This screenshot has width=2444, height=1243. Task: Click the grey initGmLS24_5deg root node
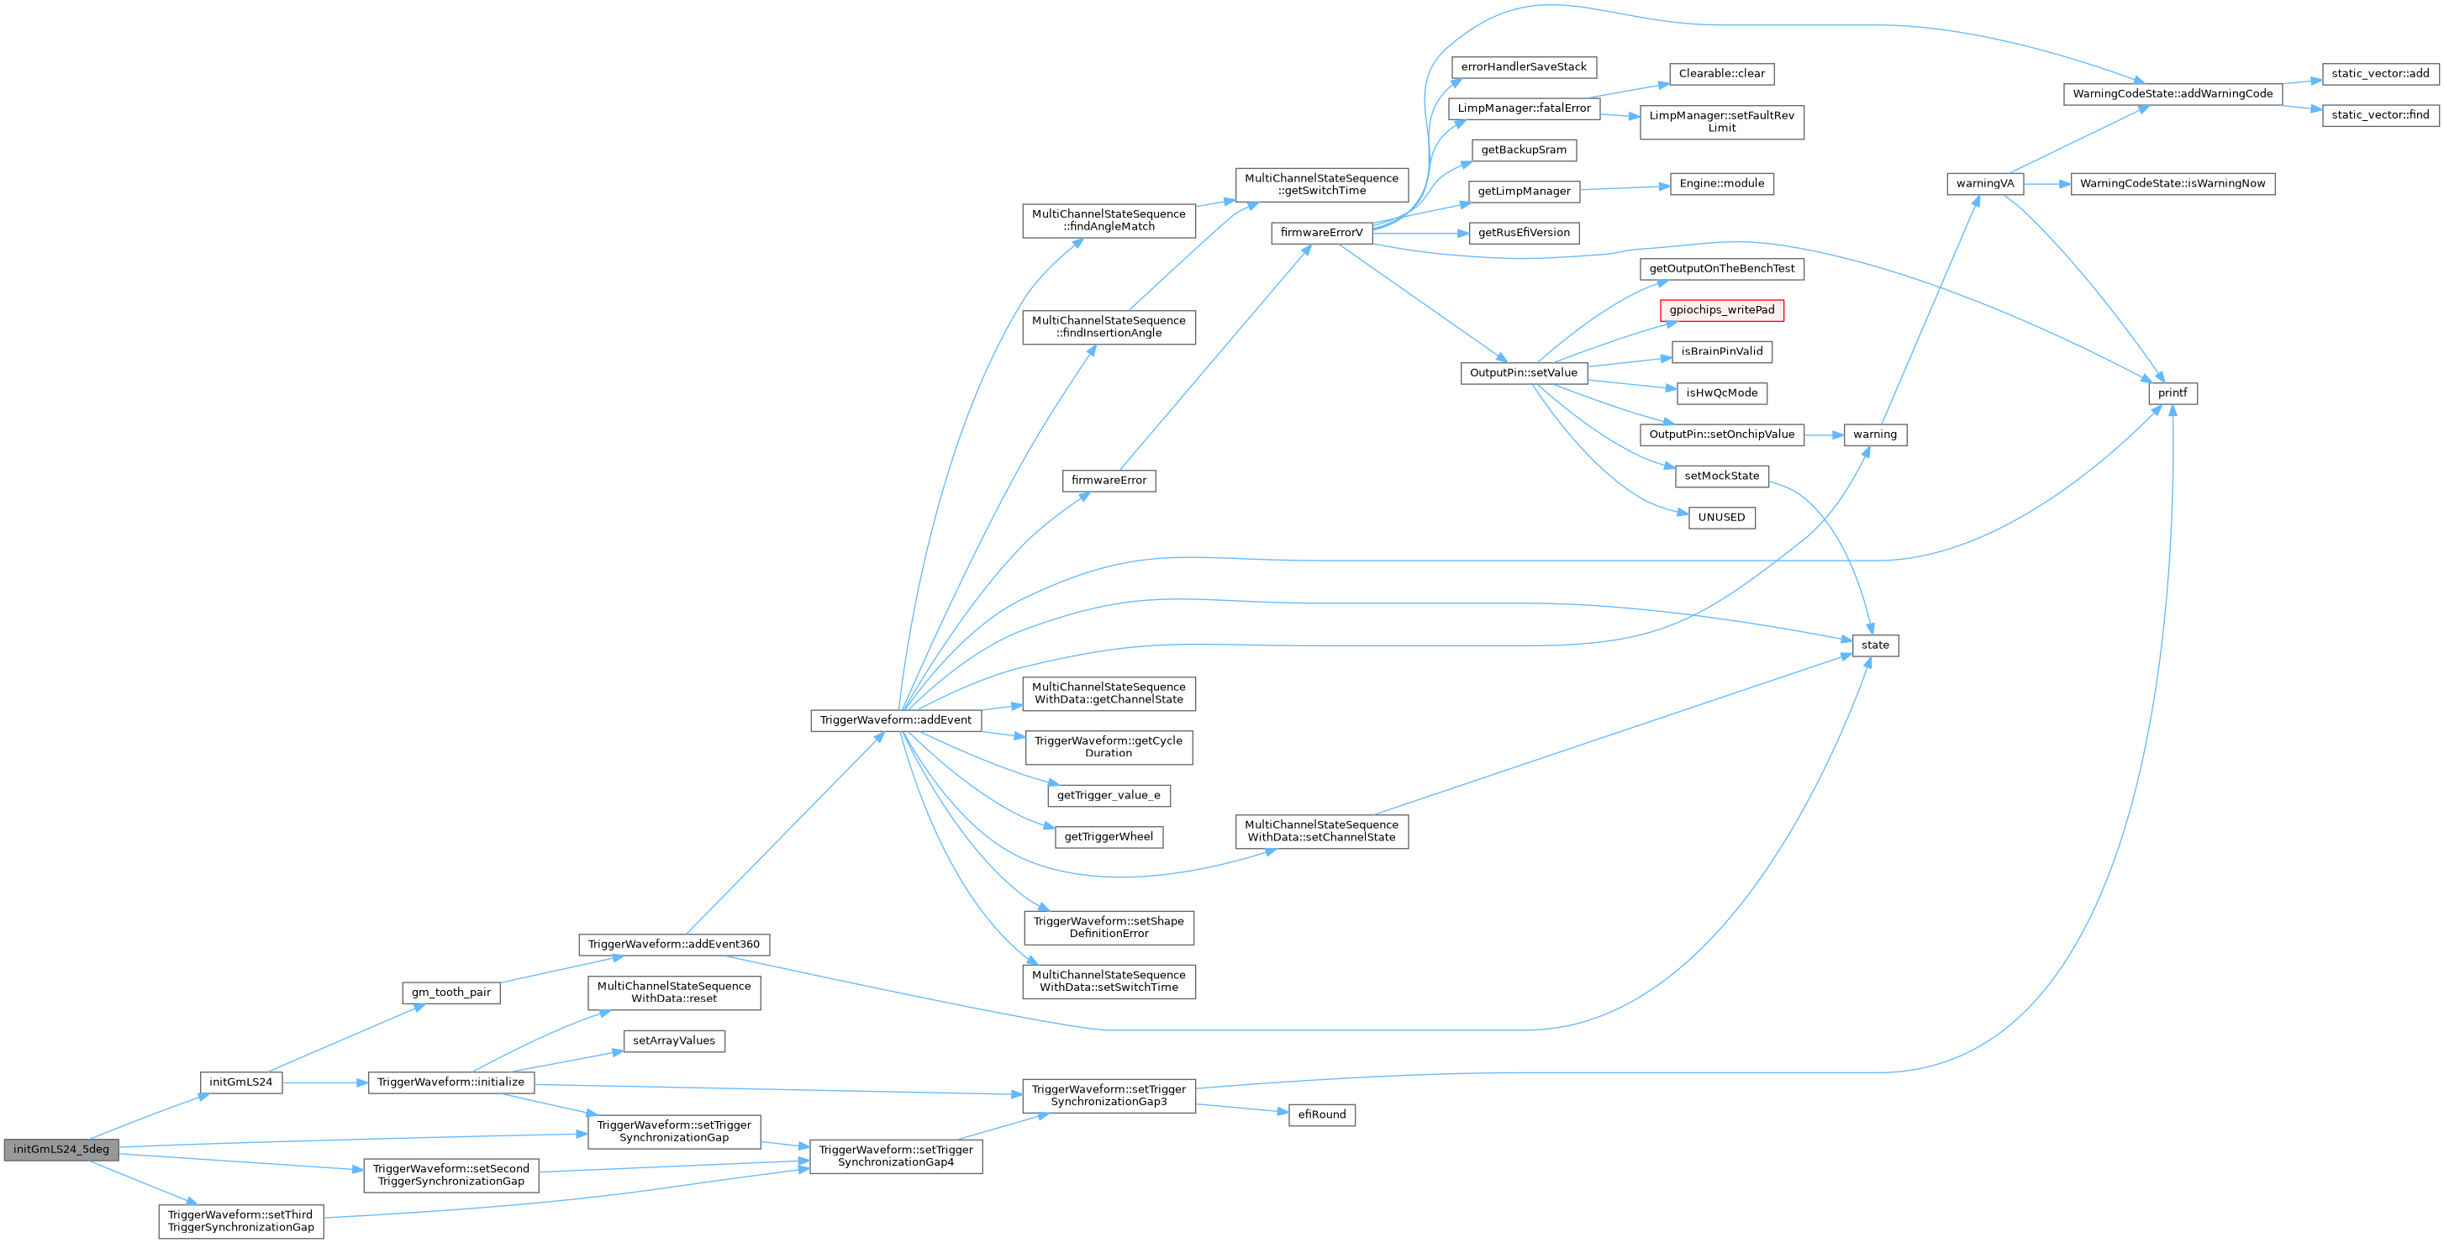(61, 1149)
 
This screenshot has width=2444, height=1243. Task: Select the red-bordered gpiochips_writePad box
(1721, 310)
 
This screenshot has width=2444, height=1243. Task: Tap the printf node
(2172, 392)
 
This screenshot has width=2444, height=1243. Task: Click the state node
(1875, 645)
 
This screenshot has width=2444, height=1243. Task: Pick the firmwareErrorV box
(1320, 233)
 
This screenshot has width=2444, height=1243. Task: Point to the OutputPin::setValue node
(1523, 373)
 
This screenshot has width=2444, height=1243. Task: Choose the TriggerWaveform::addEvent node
(895, 720)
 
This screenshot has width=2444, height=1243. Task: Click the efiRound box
(1320, 1115)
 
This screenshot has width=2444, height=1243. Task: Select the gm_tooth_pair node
(450, 993)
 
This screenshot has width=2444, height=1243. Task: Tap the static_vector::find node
(2379, 115)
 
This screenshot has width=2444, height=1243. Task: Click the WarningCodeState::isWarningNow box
(2172, 183)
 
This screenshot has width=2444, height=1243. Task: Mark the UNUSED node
(1721, 517)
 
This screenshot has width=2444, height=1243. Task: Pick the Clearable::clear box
(1721, 73)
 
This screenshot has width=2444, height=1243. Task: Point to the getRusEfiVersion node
(1523, 233)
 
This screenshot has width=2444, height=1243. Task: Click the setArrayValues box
(674, 1041)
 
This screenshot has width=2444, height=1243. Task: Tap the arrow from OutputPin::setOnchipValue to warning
(1824, 435)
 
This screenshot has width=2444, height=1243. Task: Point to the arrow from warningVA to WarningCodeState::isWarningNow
(2046, 183)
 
